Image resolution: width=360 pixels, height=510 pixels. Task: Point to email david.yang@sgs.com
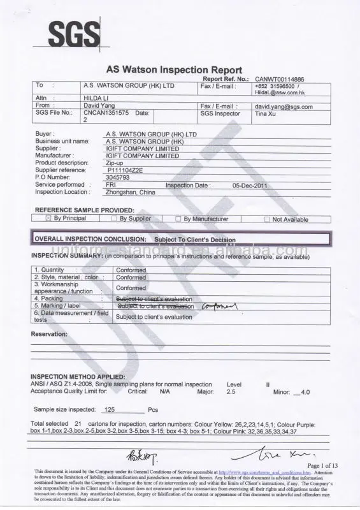[284, 106]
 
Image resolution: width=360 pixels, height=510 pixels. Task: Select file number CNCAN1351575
[106, 113]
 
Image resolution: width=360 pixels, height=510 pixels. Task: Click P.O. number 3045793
[118, 178]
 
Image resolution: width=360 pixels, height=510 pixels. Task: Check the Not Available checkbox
[267, 219]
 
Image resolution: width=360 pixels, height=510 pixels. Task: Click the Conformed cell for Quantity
[131, 270]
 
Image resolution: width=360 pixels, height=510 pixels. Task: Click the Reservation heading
[49, 334]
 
